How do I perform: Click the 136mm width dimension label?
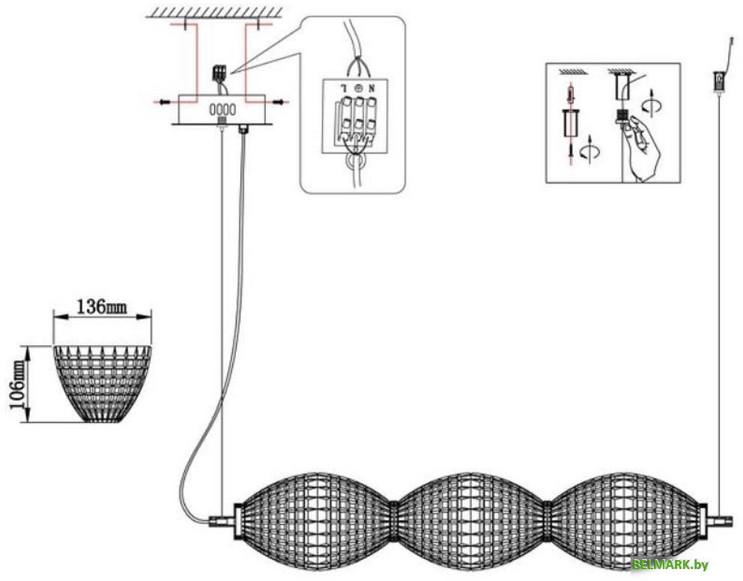click(x=102, y=308)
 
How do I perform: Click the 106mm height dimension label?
click(x=18, y=383)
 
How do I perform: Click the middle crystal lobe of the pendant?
click(x=470, y=520)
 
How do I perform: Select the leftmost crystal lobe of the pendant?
click(x=318, y=520)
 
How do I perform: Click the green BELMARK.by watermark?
click(x=670, y=565)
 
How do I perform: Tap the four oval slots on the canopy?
click(x=222, y=109)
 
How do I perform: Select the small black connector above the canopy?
click(x=219, y=73)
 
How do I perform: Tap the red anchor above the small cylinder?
click(x=572, y=95)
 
